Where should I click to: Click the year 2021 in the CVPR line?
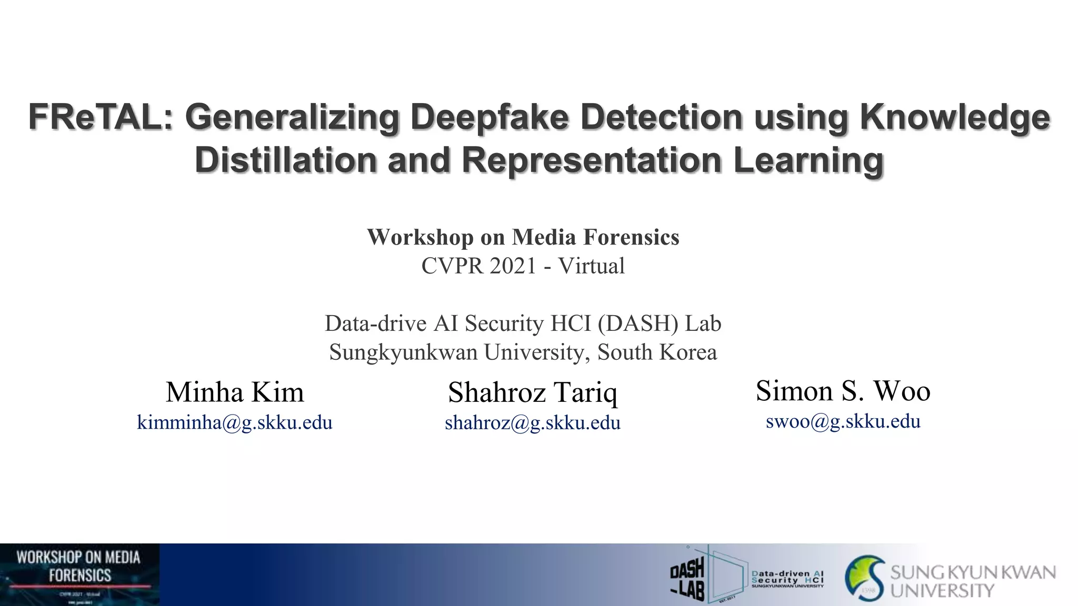(512, 266)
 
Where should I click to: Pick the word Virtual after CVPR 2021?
(591, 266)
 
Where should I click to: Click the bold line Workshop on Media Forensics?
(523, 237)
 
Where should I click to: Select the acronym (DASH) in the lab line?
(638, 323)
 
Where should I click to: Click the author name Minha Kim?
(235, 392)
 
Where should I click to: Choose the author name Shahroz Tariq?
(532, 392)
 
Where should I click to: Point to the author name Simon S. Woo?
(843, 391)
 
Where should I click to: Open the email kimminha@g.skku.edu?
(235, 422)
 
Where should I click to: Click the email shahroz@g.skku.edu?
(532, 422)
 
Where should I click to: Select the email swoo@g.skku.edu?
(843, 421)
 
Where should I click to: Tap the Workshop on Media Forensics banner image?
(79, 574)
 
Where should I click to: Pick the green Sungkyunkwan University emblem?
(865, 578)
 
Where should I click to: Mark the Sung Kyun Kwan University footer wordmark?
(972, 580)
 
